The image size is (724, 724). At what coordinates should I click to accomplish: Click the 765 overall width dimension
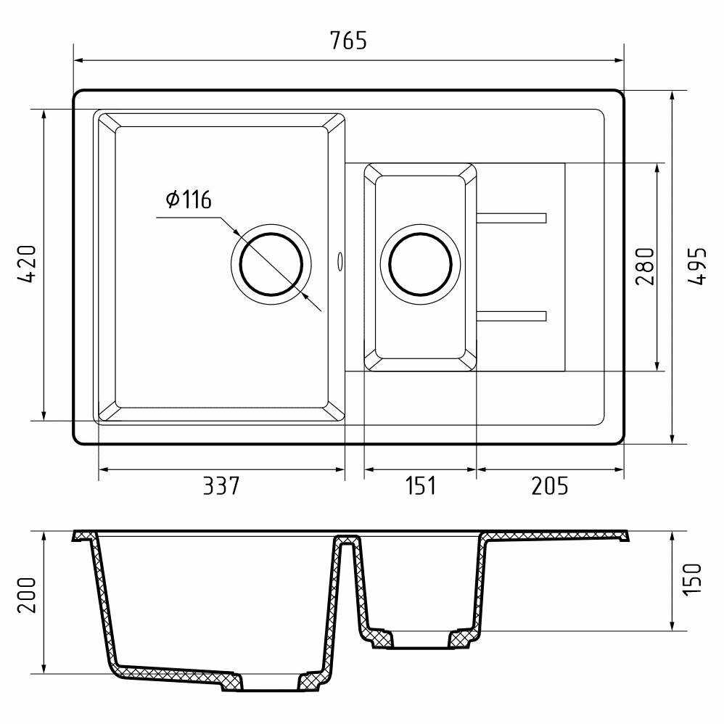349,40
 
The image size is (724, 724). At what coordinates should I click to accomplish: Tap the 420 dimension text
26,264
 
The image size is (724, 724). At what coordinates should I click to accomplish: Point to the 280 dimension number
645,266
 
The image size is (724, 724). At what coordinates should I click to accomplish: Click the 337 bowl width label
221,486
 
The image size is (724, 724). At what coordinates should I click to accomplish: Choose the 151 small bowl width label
420,486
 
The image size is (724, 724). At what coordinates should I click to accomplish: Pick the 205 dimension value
549,486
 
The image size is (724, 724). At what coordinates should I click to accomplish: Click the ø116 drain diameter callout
189,199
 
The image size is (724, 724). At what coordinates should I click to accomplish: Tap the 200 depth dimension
26,595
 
